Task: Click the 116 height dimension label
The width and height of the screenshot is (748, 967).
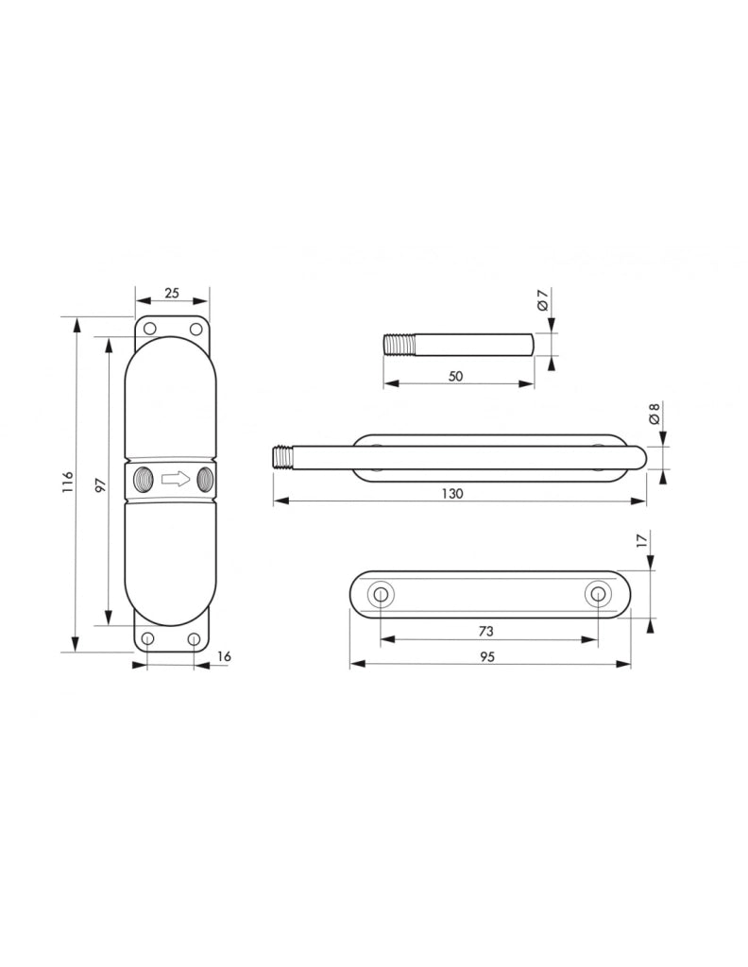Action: [x=68, y=482]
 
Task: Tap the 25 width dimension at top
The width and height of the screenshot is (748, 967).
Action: [x=172, y=293]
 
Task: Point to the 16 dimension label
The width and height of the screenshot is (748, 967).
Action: [x=225, y=657]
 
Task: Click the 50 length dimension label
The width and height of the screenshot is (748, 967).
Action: [x=456, y=376]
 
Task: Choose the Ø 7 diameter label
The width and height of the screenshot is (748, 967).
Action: [x=543, y=300]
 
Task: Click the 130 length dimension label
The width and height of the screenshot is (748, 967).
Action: [x=452, y=493]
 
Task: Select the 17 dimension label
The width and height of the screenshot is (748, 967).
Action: [x=642, y=541]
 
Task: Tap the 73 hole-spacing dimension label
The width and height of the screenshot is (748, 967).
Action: [x=486, y=631]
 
